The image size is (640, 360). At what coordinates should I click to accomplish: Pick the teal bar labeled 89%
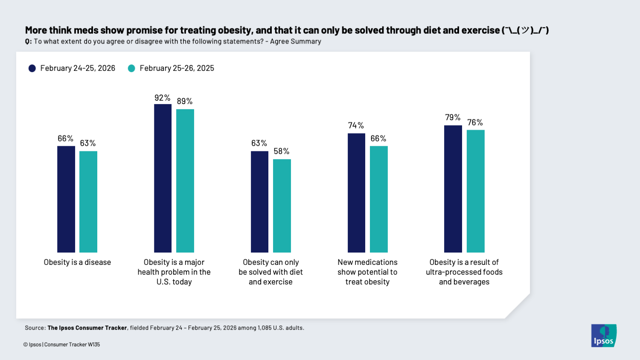185,181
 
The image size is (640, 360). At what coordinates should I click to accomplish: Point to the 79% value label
453,117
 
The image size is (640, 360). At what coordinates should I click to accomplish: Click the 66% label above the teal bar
378,139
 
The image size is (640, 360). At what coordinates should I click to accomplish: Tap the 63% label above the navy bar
259,143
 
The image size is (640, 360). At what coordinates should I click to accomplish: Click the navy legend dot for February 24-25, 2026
32,68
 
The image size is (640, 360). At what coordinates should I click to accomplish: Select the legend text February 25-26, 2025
177,68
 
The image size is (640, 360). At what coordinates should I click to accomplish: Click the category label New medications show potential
367,272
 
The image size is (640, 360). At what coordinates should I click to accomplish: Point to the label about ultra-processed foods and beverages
464,272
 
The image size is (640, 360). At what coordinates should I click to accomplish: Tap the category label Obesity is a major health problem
174,272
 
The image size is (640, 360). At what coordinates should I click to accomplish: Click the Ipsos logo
603,336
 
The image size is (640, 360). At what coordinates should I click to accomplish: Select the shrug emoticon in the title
525,30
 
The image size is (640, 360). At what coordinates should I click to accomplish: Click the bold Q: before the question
28,41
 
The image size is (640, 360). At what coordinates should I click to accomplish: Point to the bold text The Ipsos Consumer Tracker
87,328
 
